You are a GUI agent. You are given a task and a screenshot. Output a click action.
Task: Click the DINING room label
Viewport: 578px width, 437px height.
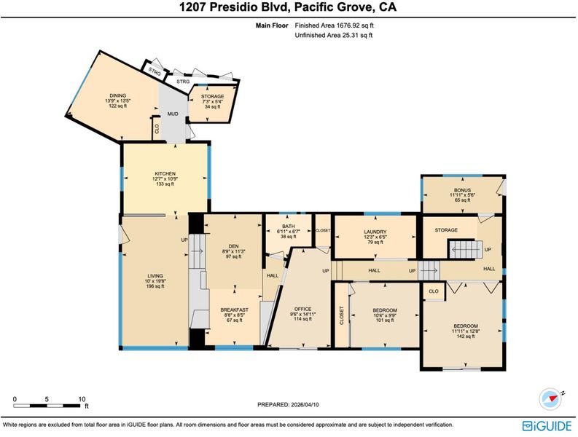(x=117, y=96)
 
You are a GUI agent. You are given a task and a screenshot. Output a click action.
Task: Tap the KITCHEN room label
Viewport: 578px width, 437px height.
(x=165, y=173)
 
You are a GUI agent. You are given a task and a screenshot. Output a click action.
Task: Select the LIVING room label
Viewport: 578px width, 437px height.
(x=155, y=276)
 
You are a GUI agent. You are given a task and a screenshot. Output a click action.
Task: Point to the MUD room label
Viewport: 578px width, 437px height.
(x=173, y=114)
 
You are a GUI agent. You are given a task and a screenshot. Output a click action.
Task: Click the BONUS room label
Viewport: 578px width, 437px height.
(x=462, y=190)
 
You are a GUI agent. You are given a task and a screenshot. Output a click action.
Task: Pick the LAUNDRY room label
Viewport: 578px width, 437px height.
(x=375, y=232)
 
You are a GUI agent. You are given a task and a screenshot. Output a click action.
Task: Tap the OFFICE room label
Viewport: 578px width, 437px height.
(x=302, y=309)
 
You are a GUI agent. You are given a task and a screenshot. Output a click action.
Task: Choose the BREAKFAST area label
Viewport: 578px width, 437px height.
(x=235, y=310)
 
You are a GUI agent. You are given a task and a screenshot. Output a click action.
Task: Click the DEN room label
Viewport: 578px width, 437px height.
(x=234, y=246)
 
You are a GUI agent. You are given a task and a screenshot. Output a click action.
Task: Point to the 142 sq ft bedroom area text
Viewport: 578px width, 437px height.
(x=466, y=336)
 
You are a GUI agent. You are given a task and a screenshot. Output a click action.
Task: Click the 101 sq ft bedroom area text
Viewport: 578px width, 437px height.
(x=385, y=320)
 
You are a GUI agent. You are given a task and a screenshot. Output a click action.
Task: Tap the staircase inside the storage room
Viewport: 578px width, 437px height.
(x=466, y=249)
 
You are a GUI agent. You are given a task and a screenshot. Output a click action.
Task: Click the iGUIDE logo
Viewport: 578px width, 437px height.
(x=547, y=425)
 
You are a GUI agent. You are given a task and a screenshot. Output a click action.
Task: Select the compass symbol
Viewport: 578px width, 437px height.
(x=551, y=398)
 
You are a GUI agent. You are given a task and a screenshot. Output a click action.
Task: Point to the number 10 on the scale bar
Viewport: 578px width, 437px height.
(x=82, y=399)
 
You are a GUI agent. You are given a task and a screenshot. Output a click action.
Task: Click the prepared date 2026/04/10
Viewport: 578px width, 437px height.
(x=305, y=404)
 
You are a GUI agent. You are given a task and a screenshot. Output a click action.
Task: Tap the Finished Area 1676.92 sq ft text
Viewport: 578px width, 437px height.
(x=335, y=25)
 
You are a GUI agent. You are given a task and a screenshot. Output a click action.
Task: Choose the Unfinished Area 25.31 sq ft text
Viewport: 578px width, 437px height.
(x=334, y=36)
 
